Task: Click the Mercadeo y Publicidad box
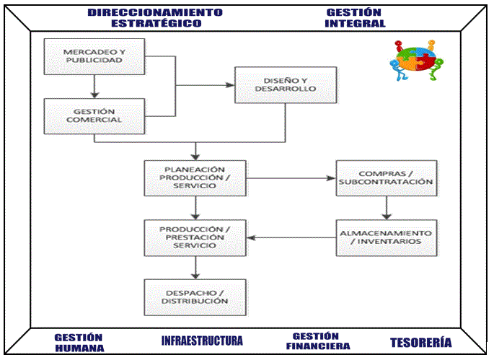[x=92, y=56]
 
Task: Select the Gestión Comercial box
[x=92, y=117]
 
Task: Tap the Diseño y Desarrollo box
[x=286, y=85]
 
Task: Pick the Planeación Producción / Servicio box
[x=195, y=177]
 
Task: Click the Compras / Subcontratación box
[x=387, y=177]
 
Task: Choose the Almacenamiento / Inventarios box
[x=387, y=238]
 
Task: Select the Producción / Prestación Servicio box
[x=195, y=238]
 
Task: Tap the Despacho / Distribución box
[x=195, y=297]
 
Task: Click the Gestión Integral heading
[x=355, y=17]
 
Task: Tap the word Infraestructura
[x=202, y=341]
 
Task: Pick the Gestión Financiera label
[x=318, y=341]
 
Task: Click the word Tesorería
[x=421, y=343]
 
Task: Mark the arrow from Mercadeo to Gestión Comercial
[x=93, y=87]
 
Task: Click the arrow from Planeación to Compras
[x=291, y=178]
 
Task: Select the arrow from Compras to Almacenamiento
[x=387, y=208]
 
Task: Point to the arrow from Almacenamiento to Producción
[x=291, y=238]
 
